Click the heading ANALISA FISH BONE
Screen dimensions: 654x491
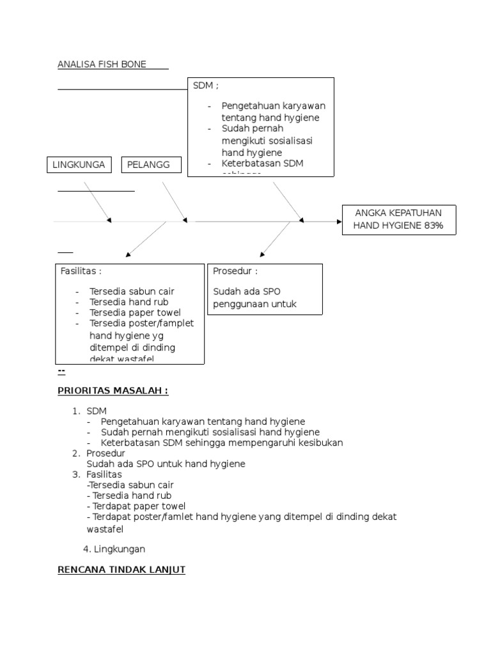pos(102,64)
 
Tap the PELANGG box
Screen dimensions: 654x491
pos(152,165)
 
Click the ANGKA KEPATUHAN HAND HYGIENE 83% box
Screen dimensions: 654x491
pos(399,220)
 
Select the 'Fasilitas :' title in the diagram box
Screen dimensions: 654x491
pos(81,271)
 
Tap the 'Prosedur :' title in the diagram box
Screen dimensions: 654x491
pos(235,271)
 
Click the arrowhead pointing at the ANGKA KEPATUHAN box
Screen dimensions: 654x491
pos(339,221)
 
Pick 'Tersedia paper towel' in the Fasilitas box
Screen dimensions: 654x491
pos(135,312)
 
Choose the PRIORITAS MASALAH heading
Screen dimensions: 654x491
pos(113,390)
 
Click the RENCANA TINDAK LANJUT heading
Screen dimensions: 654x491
pos(121,570)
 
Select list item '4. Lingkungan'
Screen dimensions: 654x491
pos(114,549)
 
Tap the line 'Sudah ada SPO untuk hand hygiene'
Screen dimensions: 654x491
pos(166,464)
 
